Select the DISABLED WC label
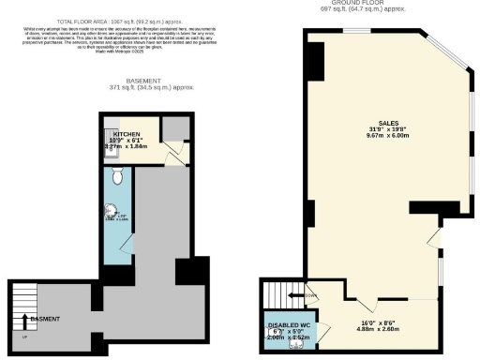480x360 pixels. click(290, 324)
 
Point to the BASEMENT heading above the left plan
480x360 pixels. click(150, 81)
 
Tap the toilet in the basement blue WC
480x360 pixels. click(117, 175)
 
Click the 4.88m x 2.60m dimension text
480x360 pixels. click(378, 328)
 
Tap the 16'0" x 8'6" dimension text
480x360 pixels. click(378, 320)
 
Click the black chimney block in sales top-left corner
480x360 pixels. click(315, 61)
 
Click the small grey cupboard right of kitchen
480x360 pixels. click(173, 129)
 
